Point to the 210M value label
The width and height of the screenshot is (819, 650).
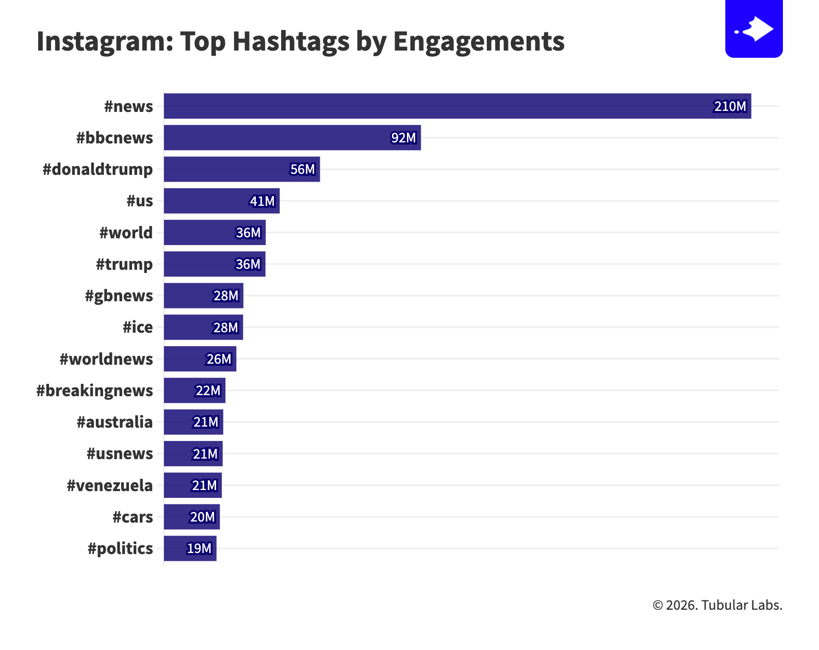click(730, 106)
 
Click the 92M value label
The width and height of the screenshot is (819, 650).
click(403, 138)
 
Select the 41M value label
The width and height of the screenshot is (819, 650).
click(262, 201)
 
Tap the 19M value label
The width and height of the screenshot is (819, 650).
click(199, 548)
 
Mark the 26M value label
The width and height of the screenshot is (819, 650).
click(219, 359)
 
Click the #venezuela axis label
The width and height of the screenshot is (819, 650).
click(110, 485)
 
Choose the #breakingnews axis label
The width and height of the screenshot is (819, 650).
click(95, 391)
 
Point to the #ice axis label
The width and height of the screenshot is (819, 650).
click(138, 327)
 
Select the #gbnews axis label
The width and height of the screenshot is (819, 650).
click(119, 296)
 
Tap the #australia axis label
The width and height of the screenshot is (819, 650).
click(114, 422)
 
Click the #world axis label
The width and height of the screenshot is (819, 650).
click(126, 233)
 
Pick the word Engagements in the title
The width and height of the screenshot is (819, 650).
click(479, 41)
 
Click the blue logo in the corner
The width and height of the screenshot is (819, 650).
click(754, 28)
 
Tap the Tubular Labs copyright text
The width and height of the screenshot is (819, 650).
click(717, 605)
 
